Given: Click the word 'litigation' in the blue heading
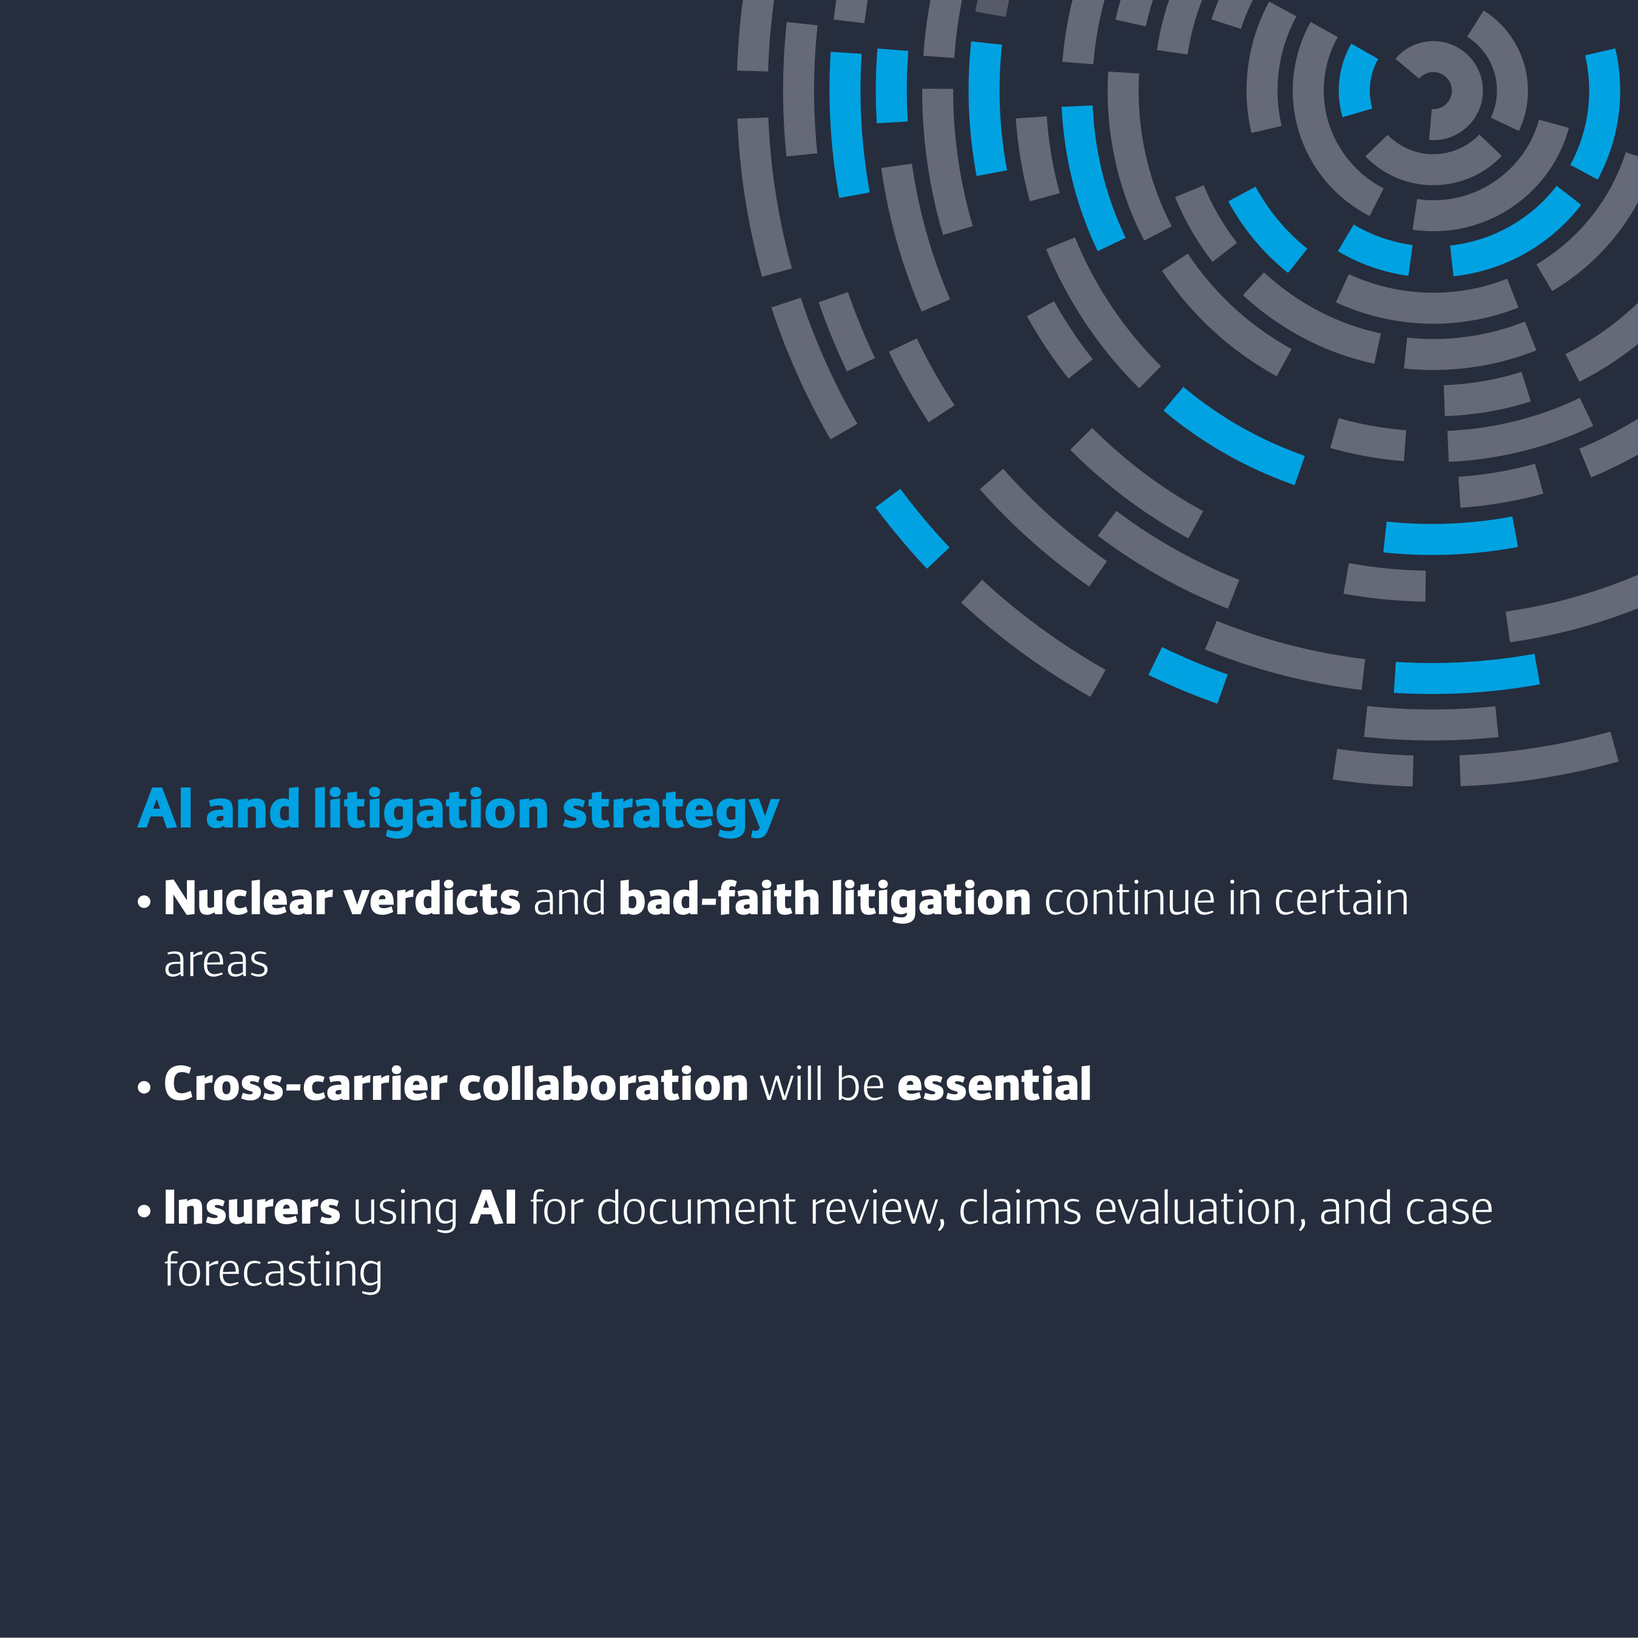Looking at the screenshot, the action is (431, 811).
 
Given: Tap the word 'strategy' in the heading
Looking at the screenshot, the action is (670, 813).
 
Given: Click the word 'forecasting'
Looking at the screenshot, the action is (273, 1271).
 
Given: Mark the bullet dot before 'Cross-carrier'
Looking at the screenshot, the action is (144, 1087).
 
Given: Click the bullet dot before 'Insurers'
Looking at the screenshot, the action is (144, 1212).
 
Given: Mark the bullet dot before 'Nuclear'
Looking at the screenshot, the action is (144, 902).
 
